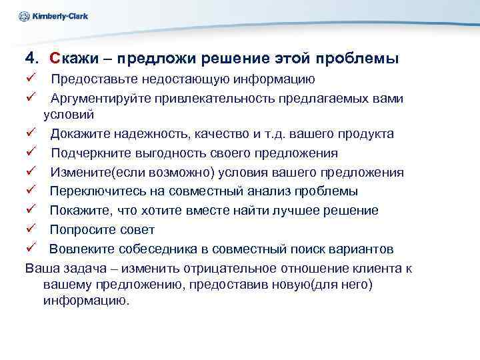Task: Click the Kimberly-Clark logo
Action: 54,16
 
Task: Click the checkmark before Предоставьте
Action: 31,80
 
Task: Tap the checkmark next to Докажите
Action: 31,134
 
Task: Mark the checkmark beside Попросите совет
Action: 31,230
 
